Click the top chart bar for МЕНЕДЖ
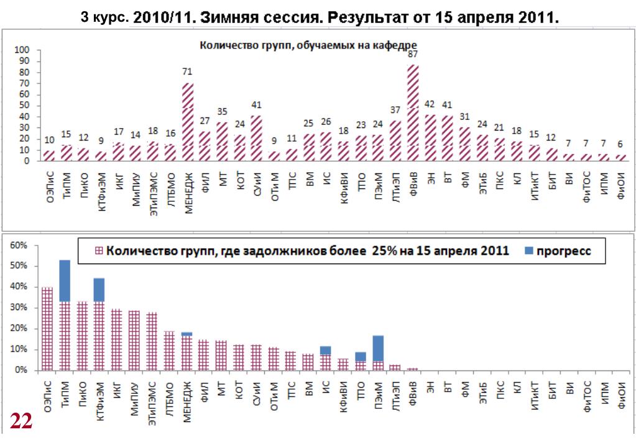point(187,122)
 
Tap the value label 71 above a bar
point(187,71)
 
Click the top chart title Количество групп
point(308,44)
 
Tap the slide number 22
point(21,422)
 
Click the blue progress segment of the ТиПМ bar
point(65,280)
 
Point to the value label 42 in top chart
point(430,104)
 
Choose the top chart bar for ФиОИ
point(620,157)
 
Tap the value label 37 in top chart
point(395,109)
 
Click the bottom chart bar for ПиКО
point(82,336)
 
